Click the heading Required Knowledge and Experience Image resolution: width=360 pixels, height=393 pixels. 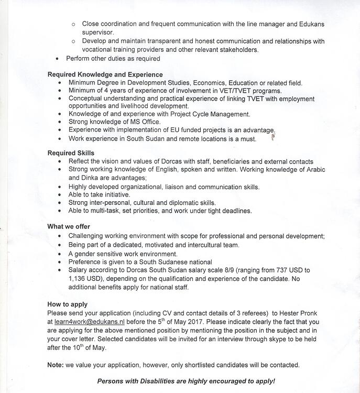coord(105,74)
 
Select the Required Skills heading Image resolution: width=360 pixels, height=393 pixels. coord(71,153)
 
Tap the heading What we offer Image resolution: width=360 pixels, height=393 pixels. coord(69,226)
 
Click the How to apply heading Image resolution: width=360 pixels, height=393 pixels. coord(68,304)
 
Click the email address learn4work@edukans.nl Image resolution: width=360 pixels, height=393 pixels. coord(89,322)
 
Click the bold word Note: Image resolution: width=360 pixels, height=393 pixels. coord(56,365)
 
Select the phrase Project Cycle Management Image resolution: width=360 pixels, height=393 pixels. coord(206,114)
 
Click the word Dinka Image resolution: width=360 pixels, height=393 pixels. coord(78,178)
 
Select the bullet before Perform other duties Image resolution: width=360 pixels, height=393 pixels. coord(57,59)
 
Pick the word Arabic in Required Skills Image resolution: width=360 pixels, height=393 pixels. coord(314,170)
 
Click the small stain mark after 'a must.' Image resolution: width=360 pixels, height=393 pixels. coord(273,138)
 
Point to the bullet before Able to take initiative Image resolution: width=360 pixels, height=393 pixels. coord(61,194)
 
